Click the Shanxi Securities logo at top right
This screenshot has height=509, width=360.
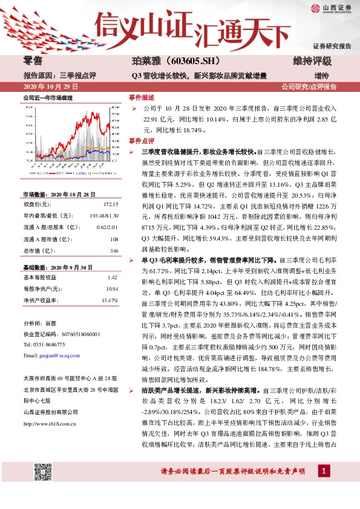coord(330,8)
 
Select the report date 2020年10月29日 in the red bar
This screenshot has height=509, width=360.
coord(45,87)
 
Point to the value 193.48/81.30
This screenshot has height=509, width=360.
coord(102,216)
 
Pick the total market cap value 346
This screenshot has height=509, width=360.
coord(113,250)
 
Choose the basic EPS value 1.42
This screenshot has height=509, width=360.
coord(111,277)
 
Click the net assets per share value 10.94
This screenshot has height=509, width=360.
coord(110,288)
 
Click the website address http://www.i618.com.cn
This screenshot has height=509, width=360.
coord(49,423)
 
